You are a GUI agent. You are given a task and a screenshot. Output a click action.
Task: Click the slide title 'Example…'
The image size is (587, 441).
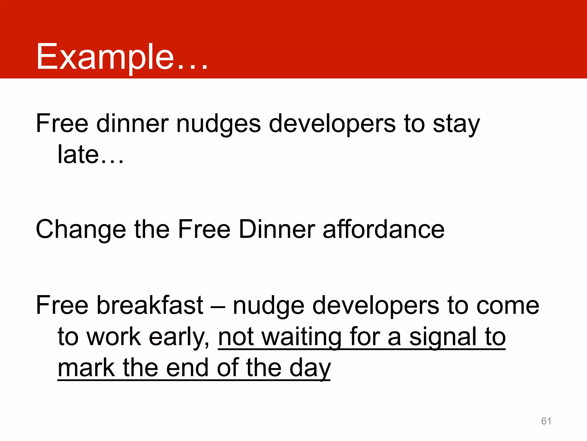coord(122,57)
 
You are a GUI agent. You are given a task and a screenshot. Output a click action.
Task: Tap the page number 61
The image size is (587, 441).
coord(546,421)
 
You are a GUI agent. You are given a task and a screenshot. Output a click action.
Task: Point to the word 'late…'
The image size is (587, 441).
coord(91,155)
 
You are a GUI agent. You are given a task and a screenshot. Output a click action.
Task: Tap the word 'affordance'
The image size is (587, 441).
coord(383,229)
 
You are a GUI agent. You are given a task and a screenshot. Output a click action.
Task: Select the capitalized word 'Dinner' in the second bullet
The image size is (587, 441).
coord(277,229)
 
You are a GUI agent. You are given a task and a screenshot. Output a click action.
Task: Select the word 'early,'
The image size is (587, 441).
coord(179,337)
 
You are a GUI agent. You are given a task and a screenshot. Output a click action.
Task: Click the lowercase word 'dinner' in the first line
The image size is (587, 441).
coord(132,124)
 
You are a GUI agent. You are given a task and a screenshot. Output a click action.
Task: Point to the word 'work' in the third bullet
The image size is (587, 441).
coord(114,337)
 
